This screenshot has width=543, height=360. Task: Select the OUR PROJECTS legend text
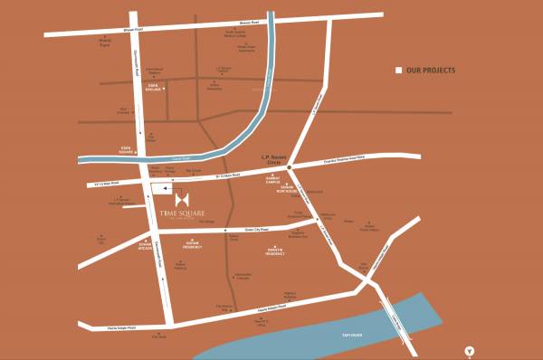pos(431,70)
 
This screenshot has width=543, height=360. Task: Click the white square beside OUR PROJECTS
pos(397,70)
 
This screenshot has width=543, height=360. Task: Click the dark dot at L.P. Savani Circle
pos(288,168)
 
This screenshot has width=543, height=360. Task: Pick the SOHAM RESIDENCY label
pos(197,244)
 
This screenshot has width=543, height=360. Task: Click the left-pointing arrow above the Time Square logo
pos(167,189)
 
